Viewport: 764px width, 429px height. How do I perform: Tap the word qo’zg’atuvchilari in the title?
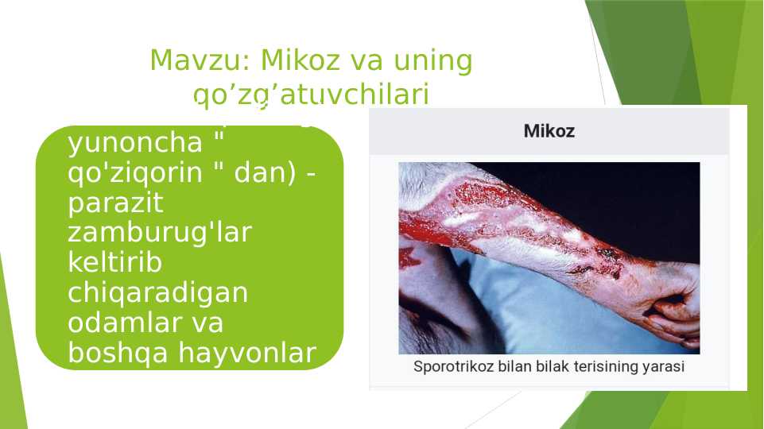[311, 95]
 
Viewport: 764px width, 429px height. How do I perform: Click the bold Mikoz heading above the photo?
[549, 131]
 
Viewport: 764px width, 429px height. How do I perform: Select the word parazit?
[116, 203]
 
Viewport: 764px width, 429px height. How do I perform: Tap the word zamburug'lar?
[160, 234]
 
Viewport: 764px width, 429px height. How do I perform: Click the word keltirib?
[115, 263]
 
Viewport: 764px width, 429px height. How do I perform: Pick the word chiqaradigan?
[158, 293]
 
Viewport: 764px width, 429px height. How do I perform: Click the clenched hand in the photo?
[672, 310]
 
